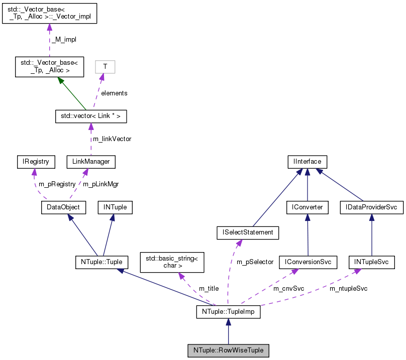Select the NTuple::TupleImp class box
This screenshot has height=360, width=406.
(x=228, y=312)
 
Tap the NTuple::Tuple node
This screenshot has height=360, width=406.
(x=101, y=262)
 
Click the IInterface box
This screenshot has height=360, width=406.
(x=307, y=161)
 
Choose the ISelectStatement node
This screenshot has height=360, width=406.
(x=245, y=232)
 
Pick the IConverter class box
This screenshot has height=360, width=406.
(x=307, y=206)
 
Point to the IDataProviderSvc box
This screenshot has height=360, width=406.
(x=371, y=206)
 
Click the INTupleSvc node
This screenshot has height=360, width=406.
(x=371, y=262)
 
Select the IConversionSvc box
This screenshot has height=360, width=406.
(x=308, y=262)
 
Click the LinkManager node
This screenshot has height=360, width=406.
(x=91, y=161)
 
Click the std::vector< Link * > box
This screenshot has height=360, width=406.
(x=90, y=116)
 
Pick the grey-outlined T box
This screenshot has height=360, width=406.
(x=105, y=66)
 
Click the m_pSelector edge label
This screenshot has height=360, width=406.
(x=255, y=262)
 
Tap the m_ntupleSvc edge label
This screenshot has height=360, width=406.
(x=348, y=289)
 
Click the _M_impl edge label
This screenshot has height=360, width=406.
(x=62, y=38)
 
